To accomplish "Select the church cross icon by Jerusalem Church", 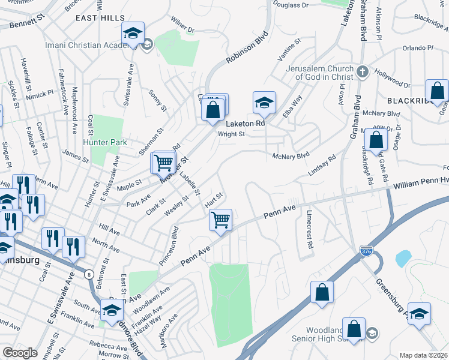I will [x=362, y=72].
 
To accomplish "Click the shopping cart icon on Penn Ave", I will [x=221, y=220].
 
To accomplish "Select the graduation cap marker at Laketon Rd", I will [x=264, y=103].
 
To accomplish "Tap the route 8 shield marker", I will [x=89, y=273].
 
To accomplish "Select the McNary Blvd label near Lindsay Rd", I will [x=291, y=156].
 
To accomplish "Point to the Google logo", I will [x=20, y=353].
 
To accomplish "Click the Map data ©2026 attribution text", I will [x=424, y=355].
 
